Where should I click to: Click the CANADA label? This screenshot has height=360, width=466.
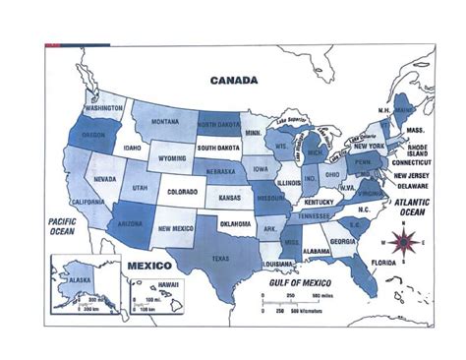coord(234,80)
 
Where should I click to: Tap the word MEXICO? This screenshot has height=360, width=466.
coord(150,266)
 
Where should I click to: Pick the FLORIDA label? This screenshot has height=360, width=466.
coord(384,264)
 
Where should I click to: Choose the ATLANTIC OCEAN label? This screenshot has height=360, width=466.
coord(413,207)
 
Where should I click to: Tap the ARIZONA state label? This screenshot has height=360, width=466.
coord(133,223)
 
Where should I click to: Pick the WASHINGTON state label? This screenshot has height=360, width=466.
coord(103,108)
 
